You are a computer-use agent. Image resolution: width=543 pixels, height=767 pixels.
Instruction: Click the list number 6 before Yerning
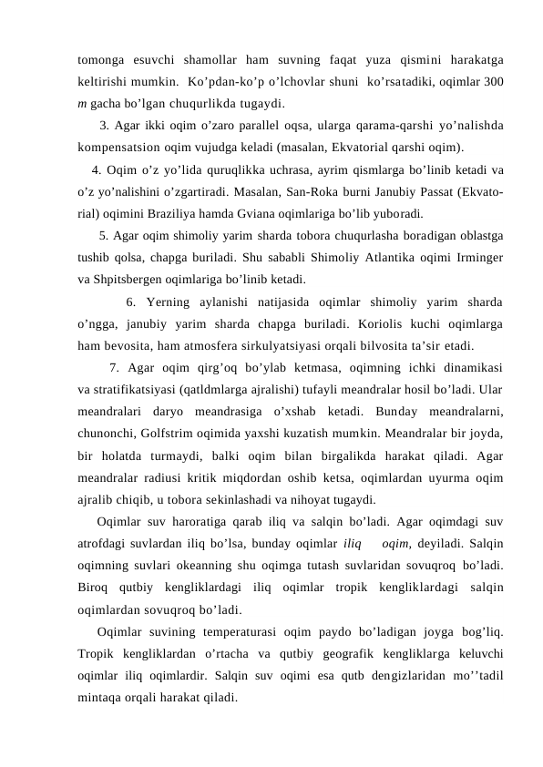129,302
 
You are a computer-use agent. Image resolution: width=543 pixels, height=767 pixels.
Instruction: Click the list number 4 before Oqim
97,169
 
